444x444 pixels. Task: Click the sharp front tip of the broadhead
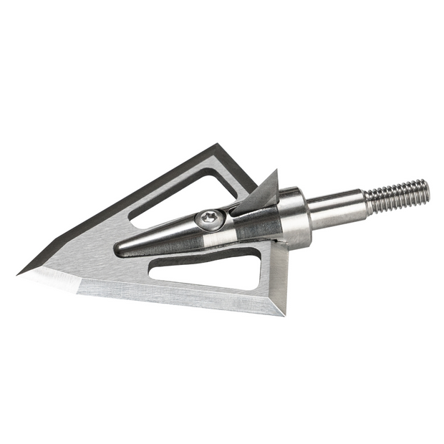click(x=19, y=273)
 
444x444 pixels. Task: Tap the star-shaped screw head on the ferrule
click(x=210, y=217)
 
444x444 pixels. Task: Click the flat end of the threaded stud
click(x=428, y=190)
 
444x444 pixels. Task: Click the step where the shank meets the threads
click(x=367, y=203)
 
